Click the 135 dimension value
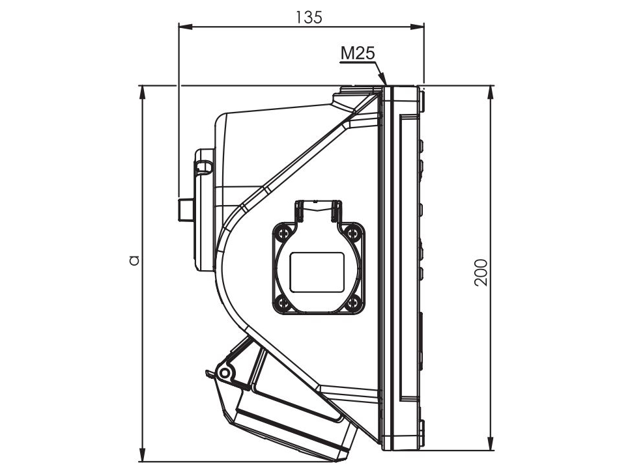pos(308,17)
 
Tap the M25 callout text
pos(357,54)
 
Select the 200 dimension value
pos(480,273)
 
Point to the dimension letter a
pos(134,260)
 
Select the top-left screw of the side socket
pos(282,231)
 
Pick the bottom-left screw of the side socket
pos(282,302)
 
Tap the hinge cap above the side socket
pos(317,210)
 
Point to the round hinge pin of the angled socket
pos(224,373)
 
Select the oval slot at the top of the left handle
pos(204,167)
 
